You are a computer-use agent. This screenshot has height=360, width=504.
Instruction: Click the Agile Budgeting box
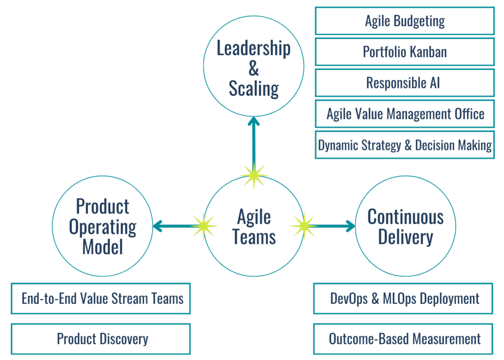pos(405,21)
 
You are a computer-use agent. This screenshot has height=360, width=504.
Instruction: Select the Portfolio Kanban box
pos(405,52)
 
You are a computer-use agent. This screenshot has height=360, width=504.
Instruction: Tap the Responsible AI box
pos(405,83)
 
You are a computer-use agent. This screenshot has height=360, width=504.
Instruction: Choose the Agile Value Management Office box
pos(405,114)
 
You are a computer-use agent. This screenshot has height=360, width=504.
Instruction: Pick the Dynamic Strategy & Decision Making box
pos(405,145)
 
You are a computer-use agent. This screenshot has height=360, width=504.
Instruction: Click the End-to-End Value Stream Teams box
pos(101,298)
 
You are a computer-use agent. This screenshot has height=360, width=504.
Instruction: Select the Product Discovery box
pos(101,339)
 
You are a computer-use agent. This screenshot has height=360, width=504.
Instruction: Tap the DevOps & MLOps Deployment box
pos(403,298)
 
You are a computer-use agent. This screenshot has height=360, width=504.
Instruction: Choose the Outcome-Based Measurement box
pos(403,339)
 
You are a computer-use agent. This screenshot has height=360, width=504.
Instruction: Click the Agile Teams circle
pos(254,227)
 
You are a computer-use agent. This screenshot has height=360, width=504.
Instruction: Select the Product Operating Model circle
pos(102,227)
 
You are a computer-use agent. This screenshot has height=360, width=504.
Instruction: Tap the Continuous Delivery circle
pos(405,227)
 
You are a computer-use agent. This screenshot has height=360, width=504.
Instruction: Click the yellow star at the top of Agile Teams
pos(254,175)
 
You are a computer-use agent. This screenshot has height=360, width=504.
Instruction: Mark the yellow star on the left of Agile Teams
pos(203,226)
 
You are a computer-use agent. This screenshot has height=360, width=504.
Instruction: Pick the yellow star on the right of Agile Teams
pos(304,226)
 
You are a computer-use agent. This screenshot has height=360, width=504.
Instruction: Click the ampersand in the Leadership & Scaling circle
pos(254,69)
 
